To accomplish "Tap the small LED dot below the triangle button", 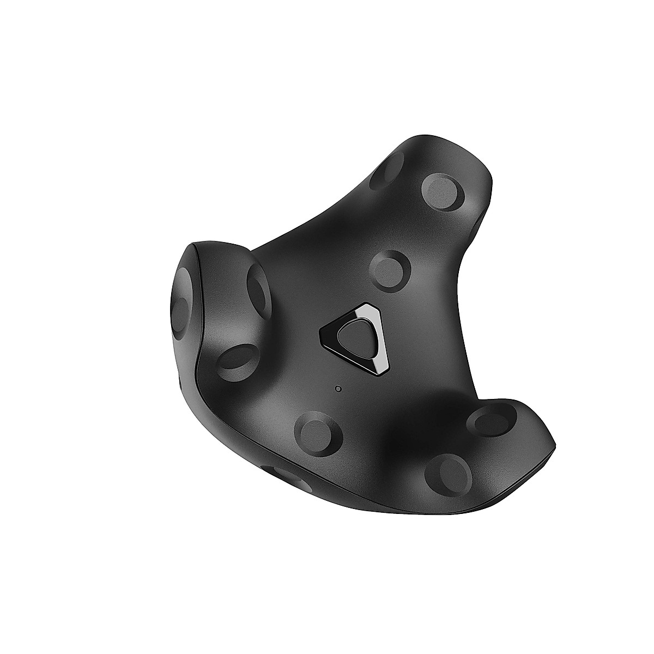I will (x=339, y=389).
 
